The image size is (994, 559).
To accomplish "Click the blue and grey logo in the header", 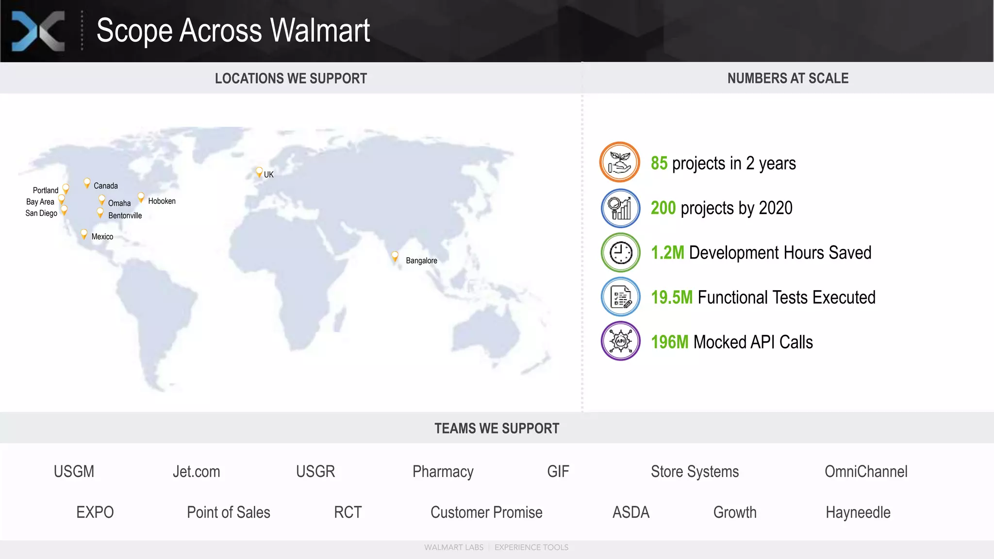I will click(38, 31).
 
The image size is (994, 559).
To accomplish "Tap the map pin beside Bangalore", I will click(395, 256).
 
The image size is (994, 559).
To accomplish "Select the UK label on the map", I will click(268, 175).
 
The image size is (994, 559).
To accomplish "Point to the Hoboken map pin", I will click(141, 197).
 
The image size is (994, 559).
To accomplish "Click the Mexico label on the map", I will click(102, 237).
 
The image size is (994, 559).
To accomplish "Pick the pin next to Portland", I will click(66, 188).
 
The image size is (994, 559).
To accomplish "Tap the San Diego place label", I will click(41, 213).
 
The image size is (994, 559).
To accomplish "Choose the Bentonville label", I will click(125, 215).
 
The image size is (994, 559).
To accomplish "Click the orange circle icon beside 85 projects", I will click(620, 162).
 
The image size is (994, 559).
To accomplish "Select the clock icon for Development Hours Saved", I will click(620, 252).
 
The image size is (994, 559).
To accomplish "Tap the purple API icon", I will click(620, 341).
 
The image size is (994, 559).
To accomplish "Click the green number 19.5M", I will click(672, 297).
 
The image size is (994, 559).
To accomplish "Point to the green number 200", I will click(663, 208).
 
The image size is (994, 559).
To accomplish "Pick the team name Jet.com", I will click(196, 472).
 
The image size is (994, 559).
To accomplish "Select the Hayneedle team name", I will click(858, 512).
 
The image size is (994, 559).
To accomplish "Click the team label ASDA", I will click(630, 512).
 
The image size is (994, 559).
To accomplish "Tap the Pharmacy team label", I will click(443, 472).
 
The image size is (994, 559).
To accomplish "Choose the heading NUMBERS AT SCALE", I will click(788, 78).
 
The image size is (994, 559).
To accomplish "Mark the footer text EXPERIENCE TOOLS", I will click(531, 547).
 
